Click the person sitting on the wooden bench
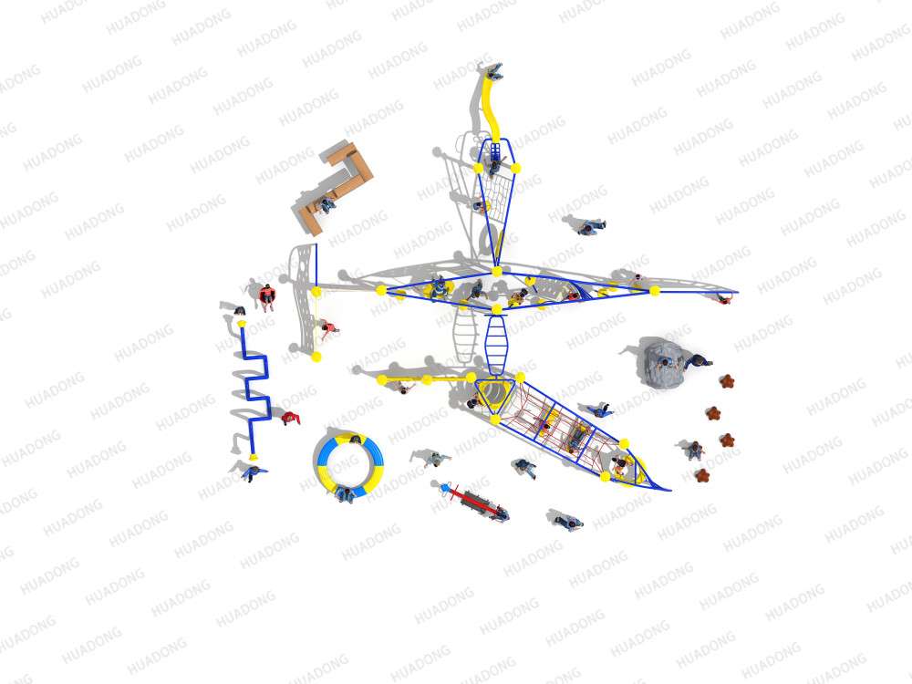tap(326, 204)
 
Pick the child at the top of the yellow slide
tap(494, 71)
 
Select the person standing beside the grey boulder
tap(698, 362)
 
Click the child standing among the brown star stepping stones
tap(695, 450)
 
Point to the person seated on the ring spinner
tap(347, 494)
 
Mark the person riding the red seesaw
tap(499, 513)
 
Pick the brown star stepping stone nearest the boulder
tap(727, 381)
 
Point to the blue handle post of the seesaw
tap(446, 487)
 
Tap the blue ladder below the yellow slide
tap(495, 152)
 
